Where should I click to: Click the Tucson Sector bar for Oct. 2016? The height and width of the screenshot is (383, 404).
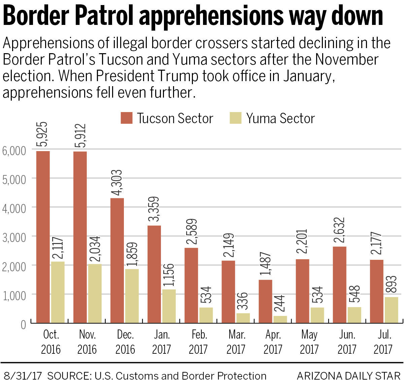coord(43,237)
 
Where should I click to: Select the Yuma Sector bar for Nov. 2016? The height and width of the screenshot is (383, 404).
coord(95,293)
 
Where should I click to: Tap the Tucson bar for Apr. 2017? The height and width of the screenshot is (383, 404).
coord(266,301)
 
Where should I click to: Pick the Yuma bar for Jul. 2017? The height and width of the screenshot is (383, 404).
coord(391,310)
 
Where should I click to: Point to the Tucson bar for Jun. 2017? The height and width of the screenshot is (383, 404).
coord(339,285)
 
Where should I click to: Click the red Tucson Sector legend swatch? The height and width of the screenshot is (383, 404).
coord(127,118)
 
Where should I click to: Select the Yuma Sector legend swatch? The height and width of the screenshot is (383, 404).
coord(236,118)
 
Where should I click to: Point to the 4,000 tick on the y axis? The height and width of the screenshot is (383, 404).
coord(14,208)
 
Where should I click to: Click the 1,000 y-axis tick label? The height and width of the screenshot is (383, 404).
coord(14,295)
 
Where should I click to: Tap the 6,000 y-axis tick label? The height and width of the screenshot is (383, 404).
coord(14,150)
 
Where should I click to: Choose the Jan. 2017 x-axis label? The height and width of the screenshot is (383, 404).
coord(162,342)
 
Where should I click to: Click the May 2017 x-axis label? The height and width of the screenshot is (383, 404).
coord(309,342)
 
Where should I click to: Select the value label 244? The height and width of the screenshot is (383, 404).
coord(280,304)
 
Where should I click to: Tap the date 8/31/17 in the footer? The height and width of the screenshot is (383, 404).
coord(22,376)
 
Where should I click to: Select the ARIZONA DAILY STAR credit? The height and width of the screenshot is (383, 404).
coord(348,376)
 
